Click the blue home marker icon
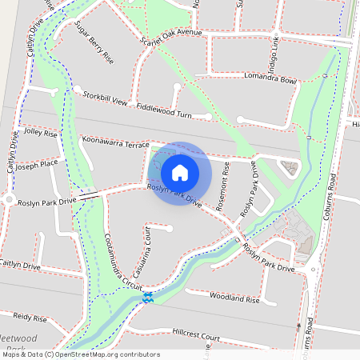click(180, 172)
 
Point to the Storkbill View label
click(105, 98)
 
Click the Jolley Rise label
click(42, 132)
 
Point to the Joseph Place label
click(38, 166)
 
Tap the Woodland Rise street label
click(235, 299)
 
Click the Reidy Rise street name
click(30, 318)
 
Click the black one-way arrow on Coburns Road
click(298, 327)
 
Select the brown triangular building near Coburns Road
click(288, 166)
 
